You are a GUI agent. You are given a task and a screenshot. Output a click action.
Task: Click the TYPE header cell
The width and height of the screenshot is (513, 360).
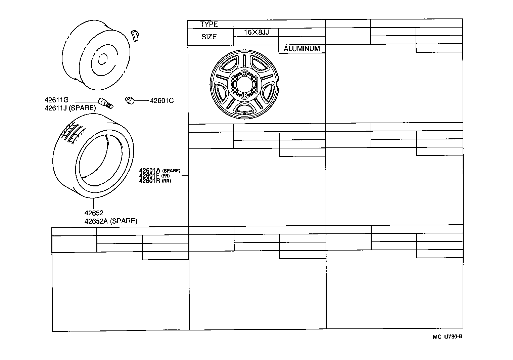209,24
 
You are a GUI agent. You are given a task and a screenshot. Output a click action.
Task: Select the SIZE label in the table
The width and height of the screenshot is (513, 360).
209,37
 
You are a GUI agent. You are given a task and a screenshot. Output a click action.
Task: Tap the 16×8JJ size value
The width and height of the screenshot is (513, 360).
256,33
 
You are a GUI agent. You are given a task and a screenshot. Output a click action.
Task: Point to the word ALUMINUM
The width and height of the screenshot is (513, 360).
301,49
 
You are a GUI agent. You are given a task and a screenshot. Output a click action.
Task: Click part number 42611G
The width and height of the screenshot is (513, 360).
56,100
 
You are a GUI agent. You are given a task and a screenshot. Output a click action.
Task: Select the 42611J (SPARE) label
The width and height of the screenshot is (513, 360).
70,108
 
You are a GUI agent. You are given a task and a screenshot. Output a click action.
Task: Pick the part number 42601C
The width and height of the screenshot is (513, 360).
161,100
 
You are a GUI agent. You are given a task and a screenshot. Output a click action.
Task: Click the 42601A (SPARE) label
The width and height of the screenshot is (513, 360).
159,171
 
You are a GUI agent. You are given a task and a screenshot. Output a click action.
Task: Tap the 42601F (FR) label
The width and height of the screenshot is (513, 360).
155,176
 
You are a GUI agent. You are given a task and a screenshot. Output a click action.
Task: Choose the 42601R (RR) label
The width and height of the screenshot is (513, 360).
155,181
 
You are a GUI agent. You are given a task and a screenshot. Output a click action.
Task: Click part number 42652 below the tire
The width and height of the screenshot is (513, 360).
94,213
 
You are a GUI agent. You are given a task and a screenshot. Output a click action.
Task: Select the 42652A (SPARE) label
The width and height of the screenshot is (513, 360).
111,221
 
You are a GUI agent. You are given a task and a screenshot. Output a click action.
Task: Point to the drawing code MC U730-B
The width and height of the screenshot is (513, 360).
447,337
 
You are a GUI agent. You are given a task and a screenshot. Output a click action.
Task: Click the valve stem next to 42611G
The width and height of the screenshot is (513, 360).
105,103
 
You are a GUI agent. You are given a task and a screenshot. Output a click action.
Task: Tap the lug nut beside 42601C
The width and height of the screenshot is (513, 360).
130,100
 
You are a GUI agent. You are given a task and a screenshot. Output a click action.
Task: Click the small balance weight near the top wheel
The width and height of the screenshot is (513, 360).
136,35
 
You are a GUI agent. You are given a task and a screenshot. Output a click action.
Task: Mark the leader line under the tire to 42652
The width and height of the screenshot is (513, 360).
94,204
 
